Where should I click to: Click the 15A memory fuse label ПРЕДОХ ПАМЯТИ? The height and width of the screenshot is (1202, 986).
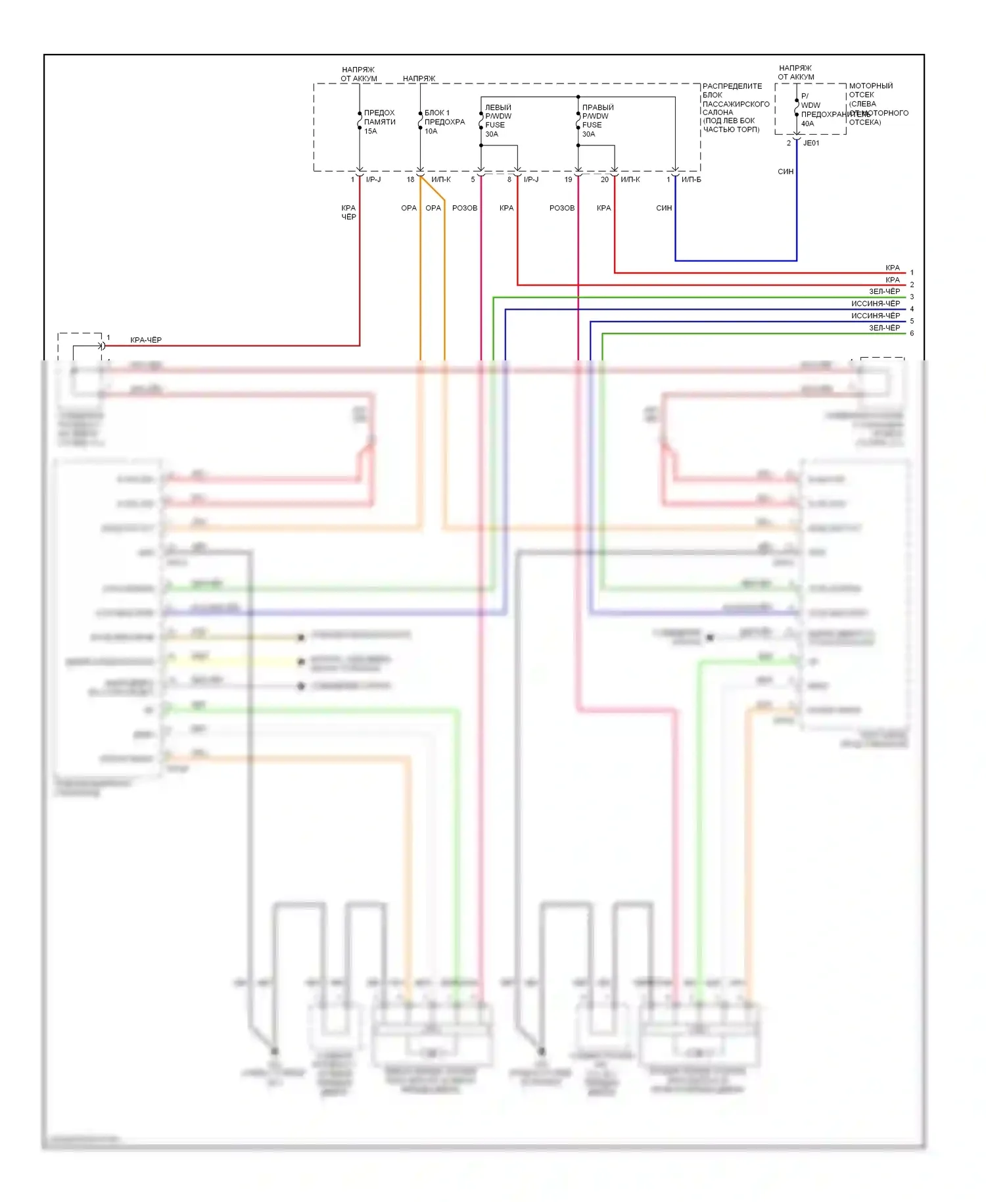coord(379,122)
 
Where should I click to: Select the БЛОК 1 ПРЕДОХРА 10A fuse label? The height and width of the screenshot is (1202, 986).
coord(444,122)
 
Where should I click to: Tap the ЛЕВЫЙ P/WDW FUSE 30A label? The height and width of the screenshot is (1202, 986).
coord(498,120)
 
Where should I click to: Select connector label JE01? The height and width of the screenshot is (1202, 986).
coord(811,143)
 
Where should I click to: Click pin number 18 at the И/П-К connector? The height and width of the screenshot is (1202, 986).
coord(410,180)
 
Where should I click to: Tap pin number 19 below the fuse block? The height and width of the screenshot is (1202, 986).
coord(568,180)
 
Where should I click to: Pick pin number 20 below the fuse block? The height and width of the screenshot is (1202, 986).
coord(604,180)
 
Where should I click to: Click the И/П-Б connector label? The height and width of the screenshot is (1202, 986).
coord(691,180)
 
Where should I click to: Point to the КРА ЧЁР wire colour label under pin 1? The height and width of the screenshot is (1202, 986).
coord(348,212)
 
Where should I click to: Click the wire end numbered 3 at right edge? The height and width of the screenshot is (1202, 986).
coord(912,297)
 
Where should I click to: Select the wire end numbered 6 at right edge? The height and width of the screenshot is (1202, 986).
coord(912,333)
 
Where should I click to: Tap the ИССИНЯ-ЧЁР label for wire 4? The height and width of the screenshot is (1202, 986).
coord(875,304)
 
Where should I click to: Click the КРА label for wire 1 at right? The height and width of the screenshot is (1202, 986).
coord(892,268)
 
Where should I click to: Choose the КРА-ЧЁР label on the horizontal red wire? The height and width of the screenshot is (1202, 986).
coord(145,340)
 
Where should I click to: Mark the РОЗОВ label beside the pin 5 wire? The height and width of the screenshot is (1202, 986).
coord(465,208)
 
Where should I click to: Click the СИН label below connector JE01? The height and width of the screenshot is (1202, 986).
coord(786,172)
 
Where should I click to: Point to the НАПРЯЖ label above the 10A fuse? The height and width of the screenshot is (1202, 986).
coord(419,78)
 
